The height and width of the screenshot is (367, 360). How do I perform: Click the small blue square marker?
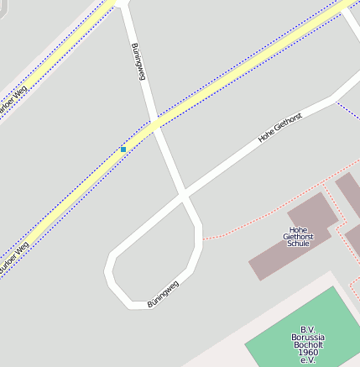123,149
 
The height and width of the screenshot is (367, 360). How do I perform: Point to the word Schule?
298,244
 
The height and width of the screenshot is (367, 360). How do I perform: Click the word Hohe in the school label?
298,229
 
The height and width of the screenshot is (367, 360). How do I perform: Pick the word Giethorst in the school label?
298,237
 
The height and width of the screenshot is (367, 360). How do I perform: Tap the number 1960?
308,353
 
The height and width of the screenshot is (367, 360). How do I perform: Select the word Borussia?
308,338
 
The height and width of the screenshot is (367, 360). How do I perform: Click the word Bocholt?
308,345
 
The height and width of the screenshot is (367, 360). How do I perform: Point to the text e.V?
308,360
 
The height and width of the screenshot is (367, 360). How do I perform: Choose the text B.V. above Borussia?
308,330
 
